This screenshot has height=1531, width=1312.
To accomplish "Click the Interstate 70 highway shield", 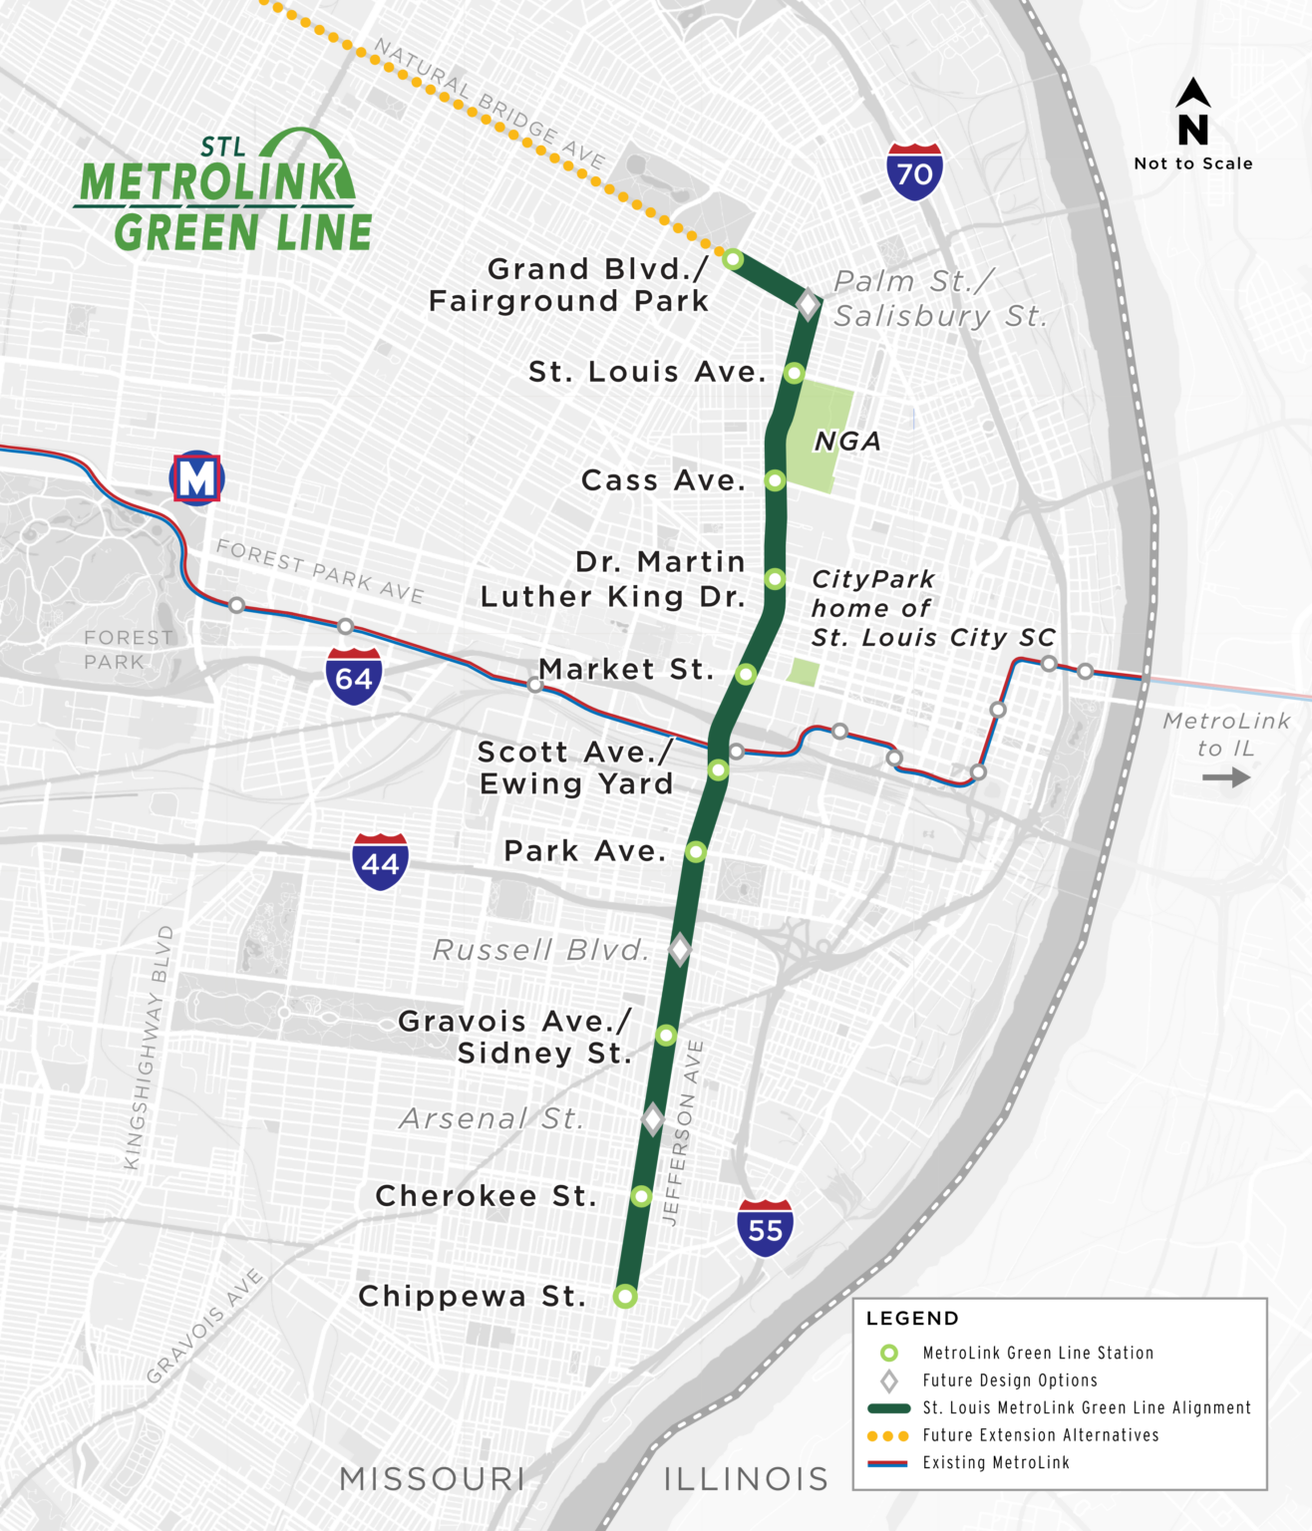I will [914, 172].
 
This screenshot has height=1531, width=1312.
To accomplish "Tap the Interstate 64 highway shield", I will [354, 677].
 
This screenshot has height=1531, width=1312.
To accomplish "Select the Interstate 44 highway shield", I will [380, 862].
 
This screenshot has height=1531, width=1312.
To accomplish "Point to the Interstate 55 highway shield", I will [765, 1228].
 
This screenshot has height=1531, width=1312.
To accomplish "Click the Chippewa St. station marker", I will [625, 1296].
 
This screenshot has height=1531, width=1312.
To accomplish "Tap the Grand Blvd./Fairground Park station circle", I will [733, 259].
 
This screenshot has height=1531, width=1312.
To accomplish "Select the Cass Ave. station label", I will [663, 480].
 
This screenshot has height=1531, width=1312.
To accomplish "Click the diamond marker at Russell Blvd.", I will [680, 949].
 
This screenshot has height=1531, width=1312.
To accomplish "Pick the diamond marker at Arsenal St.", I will [653, 1118].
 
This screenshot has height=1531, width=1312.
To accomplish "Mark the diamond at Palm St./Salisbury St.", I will [808, 303].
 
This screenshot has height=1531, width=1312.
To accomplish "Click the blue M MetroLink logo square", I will [196, 477].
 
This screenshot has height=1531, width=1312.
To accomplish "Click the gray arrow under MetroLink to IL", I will [1225, 776].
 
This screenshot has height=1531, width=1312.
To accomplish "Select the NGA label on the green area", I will [847, 442].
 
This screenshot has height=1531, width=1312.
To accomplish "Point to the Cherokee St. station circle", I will [641, 1195].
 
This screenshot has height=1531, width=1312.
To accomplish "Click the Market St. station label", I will [626, 669].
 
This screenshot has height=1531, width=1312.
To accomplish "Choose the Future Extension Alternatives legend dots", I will [887, 1435].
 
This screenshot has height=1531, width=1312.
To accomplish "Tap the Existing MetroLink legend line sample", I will [887, 1463].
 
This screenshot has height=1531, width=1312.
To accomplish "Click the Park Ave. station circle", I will [696, 851].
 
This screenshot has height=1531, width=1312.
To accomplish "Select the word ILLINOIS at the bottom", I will [746, 1479].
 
